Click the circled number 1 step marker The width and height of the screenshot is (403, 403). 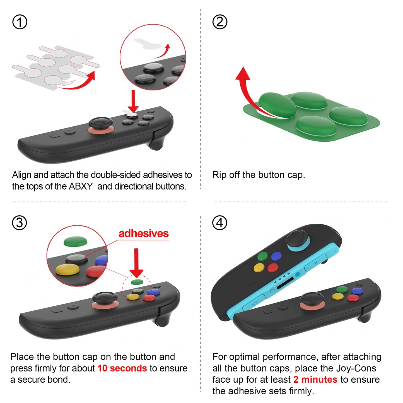(x=20, y=22)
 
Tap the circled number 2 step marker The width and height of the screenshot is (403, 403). (x=220, y=22)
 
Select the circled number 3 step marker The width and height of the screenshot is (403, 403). (x=20, y=223)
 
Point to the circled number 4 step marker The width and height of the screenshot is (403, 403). (x=220, y=223)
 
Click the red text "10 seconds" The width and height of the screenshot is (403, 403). (x=122, y=368)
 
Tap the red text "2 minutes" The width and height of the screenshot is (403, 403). (x=315, y=380)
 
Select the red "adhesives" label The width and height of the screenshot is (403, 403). (x=144, y=233)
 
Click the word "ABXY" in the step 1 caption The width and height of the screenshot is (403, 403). (x=81, y=186)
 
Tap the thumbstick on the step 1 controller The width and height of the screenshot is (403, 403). (x=101, y=123)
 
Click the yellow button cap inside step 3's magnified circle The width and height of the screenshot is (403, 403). (x=67, y=269)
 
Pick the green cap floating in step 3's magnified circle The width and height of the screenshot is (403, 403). (x=75, y=241)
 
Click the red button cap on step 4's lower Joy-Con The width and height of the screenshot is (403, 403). (x=353, y=298)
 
